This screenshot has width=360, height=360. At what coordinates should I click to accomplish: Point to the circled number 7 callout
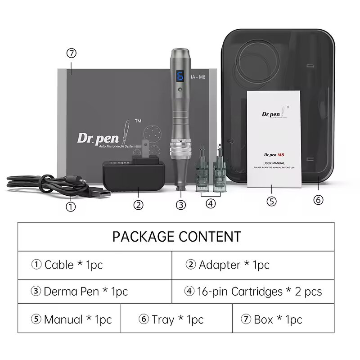coord(71,53)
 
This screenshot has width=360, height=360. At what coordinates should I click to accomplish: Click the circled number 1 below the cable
coord(71,207)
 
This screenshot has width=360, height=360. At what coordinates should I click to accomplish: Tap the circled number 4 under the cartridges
coord(211,203)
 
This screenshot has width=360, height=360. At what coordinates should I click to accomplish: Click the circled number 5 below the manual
coord(271,201)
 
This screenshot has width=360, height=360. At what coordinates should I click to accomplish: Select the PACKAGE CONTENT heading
coord(176,236)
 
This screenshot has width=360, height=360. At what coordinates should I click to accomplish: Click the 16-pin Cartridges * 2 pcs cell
coord(253,292)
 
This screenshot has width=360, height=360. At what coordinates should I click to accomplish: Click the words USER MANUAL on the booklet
coord(275,163)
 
